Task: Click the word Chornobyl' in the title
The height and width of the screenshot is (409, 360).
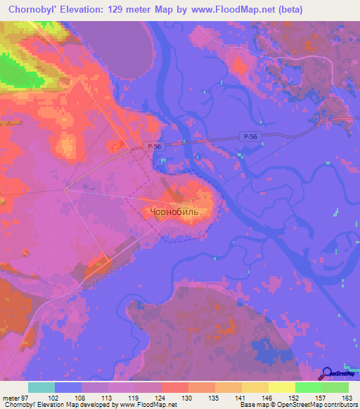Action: click(x=34, y=8)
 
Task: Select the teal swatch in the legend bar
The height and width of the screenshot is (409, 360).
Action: click(x=41, y=388)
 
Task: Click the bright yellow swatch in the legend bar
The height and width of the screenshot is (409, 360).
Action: click(x=282, y=388)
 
